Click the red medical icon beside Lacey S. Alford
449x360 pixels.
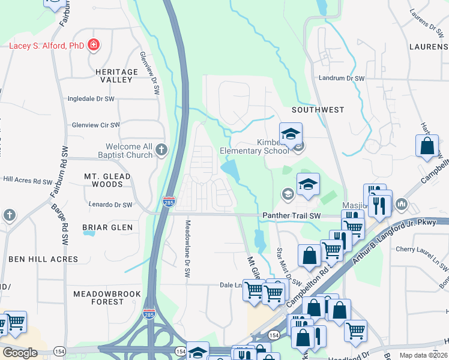(93, 44)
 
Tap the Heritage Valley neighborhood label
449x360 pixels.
(113, 76)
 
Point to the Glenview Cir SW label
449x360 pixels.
(95, 125)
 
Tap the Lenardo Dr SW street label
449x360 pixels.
(110, 205)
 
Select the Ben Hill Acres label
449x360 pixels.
(43, 259)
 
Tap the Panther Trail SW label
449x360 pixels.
(292, 215)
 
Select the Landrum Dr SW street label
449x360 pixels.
(342, 78)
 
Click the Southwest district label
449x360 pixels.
(318, 110)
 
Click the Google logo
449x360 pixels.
(20, 352)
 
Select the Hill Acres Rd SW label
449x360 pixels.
(28, 179)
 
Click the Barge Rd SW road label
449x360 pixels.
(64, 224)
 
